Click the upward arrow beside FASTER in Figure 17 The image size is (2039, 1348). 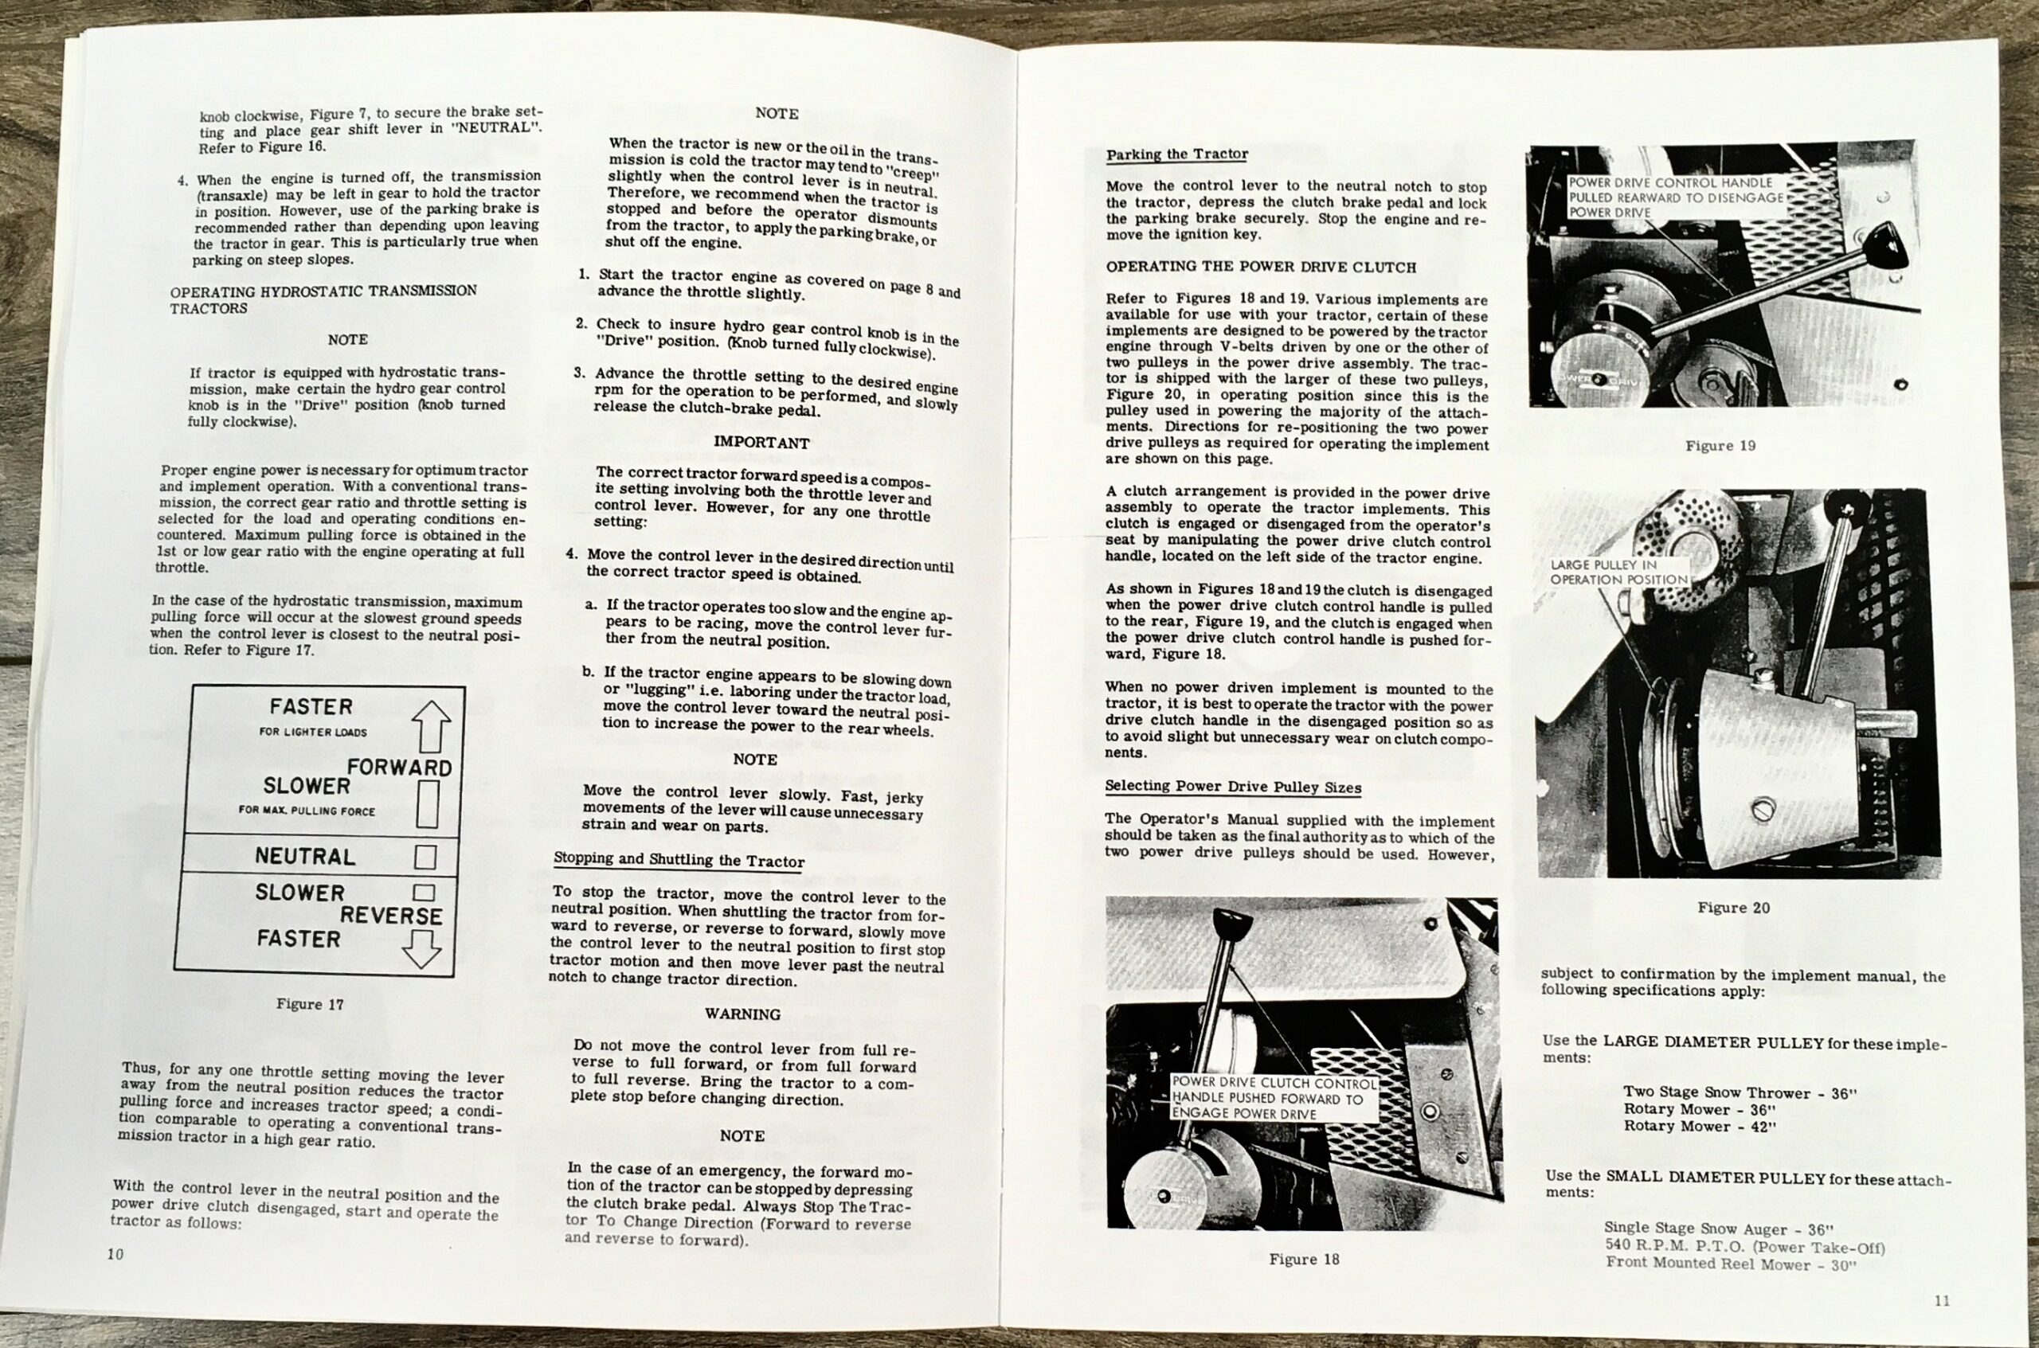point(430,726)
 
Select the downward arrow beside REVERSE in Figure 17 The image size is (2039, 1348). point(421,948)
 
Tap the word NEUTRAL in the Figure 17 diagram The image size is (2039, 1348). point(305,856)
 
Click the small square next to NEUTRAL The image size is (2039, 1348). point(425,857)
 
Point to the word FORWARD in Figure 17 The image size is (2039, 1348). point(399,767)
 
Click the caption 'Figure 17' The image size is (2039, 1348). point(310,1004)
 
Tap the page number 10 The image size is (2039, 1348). point(115,1253)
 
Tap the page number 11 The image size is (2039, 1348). point(1942,1301)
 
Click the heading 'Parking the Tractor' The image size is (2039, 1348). point(1176,154)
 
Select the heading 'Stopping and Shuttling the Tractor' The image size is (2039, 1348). point(679,860)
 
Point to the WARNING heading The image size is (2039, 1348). point(742,1014)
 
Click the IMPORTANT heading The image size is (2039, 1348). point(761,443)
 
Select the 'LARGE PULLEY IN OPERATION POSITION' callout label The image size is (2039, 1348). point(1618,572)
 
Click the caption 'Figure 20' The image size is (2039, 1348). point(1733,908)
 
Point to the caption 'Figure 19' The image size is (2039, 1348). point(1720,445)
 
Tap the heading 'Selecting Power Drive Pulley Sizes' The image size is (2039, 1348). point(1232,787)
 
